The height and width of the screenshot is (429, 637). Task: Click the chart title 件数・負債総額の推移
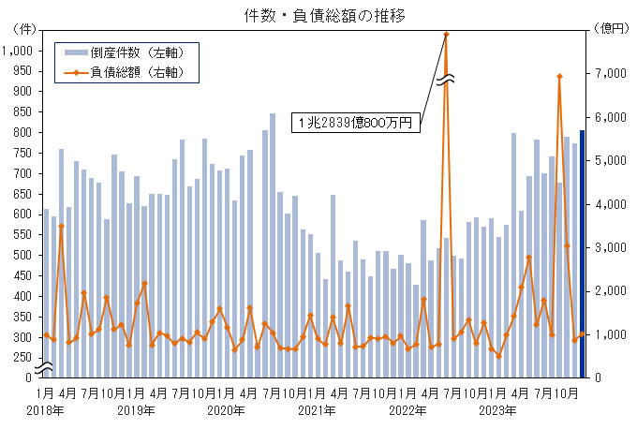[x=318, y=13]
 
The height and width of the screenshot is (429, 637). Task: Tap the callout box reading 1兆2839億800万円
[x=356, y=123]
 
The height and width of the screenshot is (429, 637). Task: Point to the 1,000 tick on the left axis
[x=17, y=51]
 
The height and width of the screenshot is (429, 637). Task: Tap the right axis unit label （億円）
[x=607, y=30]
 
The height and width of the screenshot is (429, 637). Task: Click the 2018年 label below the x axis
[x=45, y=410]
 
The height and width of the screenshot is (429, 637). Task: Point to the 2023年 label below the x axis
[x=497, y=410]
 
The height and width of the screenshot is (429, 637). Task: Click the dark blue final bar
[x=582, y=253]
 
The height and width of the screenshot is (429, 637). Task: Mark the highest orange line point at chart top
[x=446, y=35]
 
